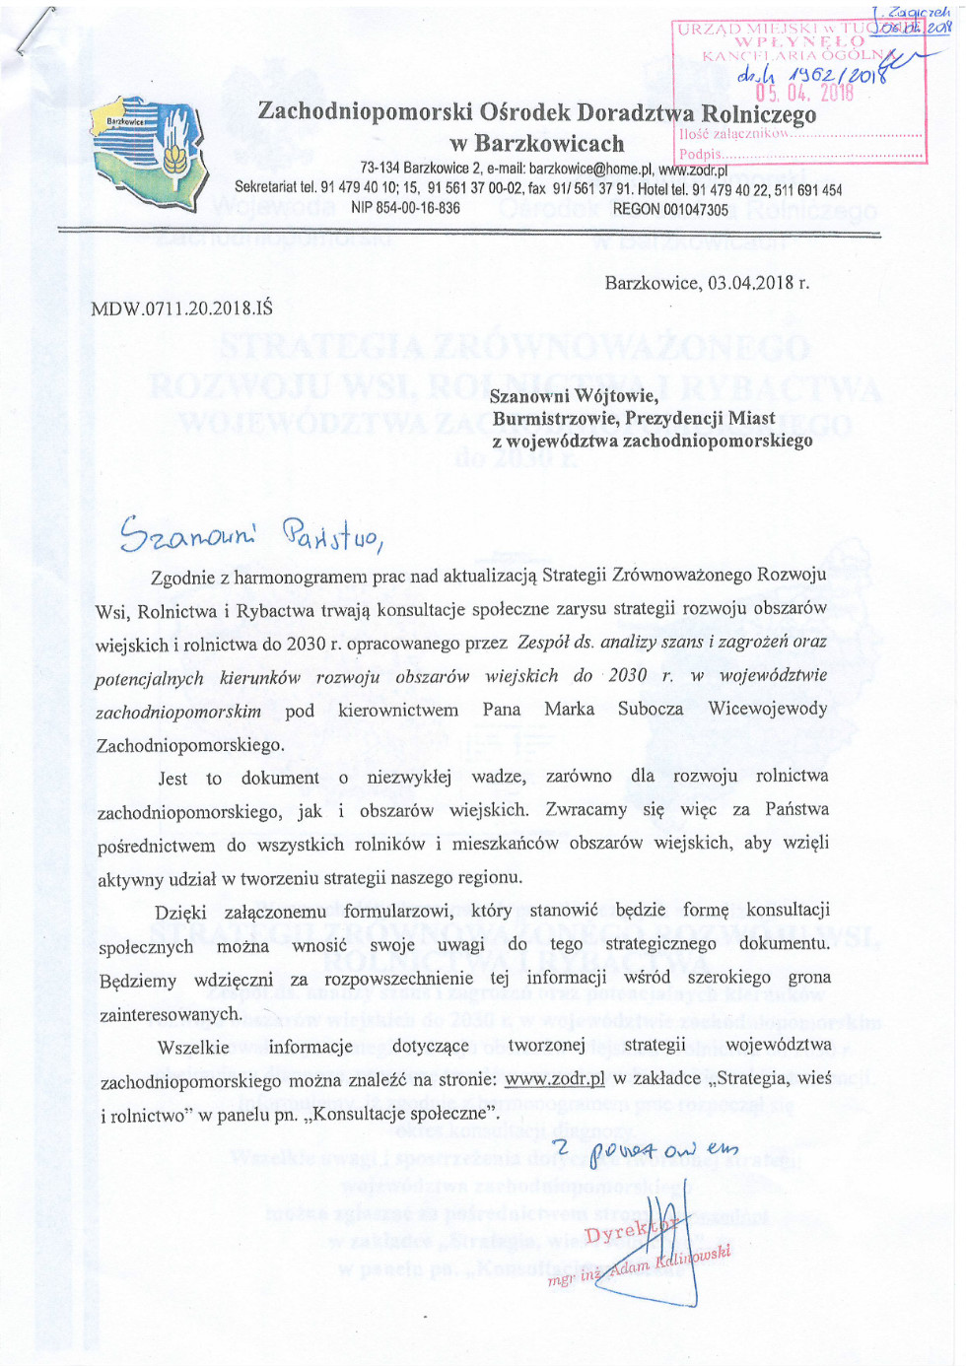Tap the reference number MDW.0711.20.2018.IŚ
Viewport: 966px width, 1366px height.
click(x=181, y=308)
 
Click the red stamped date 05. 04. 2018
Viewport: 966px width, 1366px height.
click(x=804, y=94)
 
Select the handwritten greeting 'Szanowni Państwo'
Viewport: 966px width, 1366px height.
click(x=250, y=534)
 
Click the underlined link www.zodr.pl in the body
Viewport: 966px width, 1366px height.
click(x=554, y=1078)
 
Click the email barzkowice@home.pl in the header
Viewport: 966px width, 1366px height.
click(x=590, y=170)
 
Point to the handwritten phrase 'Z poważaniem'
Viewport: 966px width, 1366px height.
click(x=645, y=1148)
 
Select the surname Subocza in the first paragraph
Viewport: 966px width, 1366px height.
click(x=650, y=710)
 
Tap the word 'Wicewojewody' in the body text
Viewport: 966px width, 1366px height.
click(x=768, y=710)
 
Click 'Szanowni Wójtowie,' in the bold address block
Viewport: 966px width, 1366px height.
click(x=574, y=396)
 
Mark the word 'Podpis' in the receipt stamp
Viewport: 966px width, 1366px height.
click(x=700, y=155)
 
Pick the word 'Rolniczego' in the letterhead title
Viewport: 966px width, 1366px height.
click(x=758, y=113)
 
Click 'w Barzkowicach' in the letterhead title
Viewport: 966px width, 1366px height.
click(x=536, y=144)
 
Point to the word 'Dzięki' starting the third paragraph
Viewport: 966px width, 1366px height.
click(x=180, y=912)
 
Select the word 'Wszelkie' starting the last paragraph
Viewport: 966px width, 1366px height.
click(x=193, y=1046)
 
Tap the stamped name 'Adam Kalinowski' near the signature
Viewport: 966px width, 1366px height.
click(x=670, y=1262)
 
